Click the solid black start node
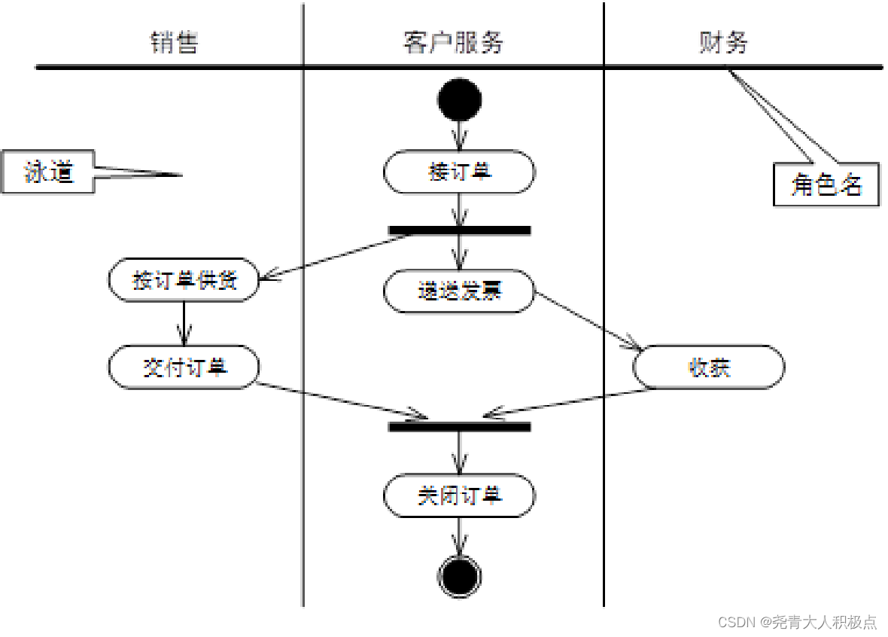point(458,99)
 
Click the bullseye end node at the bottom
point(458,577)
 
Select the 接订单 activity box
point(459,172)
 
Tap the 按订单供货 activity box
point(184,280)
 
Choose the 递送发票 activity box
point(459,291)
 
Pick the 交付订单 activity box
point(184,367)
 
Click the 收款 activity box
point(708,367)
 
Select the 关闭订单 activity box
point(459,496)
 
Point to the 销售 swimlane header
point(174,43)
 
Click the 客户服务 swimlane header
point(453,43)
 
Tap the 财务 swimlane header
point(723,43)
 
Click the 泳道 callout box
point(48,172)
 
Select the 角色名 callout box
point(826,184)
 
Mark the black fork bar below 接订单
point(459,230)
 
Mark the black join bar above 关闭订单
point(459,427)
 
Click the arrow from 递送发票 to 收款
point(587,321)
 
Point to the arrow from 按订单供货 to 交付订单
point(184,323)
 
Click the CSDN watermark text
point(797,622)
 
